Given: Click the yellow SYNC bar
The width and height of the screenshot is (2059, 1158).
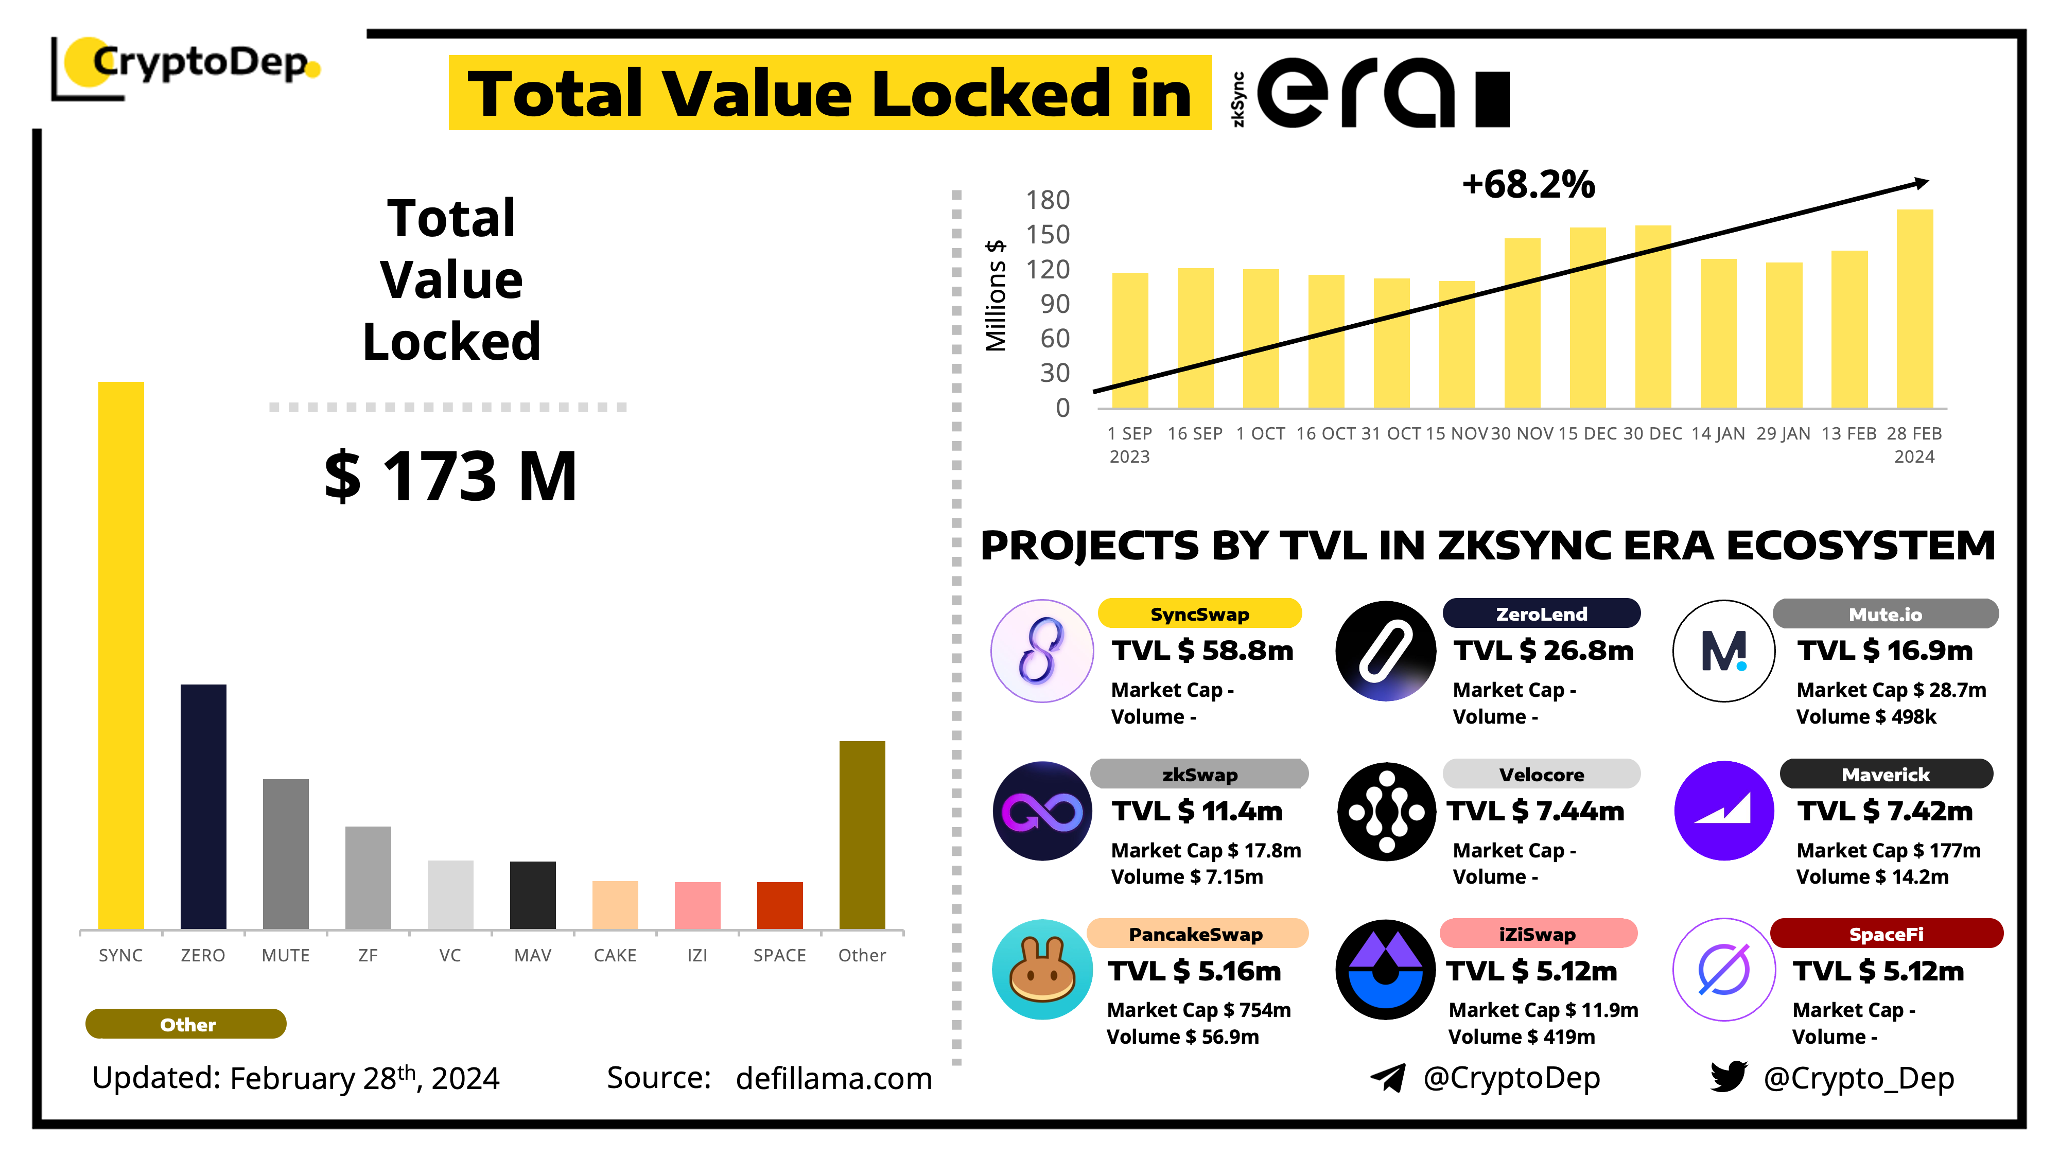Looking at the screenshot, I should pyautogui.click(x=120, y=655).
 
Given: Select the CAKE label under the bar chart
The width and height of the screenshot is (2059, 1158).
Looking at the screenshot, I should pyautogui.click(x=615, y=955).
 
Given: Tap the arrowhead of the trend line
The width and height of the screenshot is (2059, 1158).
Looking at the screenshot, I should pyautogui.click(x=1922, y=184).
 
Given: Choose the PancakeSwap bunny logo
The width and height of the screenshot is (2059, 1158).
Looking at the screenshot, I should pyautogui.click(x=1042, y=970).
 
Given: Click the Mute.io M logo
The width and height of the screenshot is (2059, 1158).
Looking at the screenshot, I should pyautogui.click(x=1723, y=651).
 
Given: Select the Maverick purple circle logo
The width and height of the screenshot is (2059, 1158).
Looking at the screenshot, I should pyautogui.click(x=1723, y=811).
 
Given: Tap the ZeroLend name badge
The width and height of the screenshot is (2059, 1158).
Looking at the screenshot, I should pyautogui.click(x=1541, y=614).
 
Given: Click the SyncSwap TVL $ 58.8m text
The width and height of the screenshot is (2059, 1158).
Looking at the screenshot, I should pyautogui.click(x=1202, y=651).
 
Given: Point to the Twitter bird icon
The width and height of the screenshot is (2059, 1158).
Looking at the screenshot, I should pyautogui.click(x=1728, y=1077).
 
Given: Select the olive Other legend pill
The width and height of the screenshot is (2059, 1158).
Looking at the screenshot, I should pyautogui.click(x=186, y=1024).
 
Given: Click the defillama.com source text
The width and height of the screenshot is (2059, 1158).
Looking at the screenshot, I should pyautogui.click(x=834, y=1078).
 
